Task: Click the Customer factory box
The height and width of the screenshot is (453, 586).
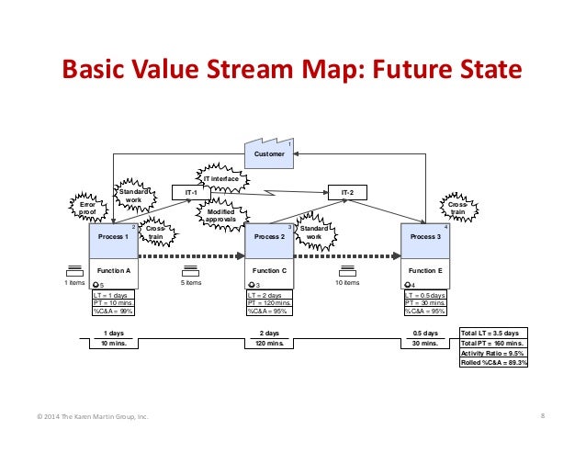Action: [269, 154]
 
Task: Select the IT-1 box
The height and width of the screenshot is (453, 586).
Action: [192, 192]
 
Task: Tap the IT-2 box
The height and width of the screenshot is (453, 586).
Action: [348, 192]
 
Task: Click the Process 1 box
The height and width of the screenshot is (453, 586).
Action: [114, 237]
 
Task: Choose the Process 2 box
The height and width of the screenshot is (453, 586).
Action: [269, 237]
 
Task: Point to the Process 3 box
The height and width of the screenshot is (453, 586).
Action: [425, 237]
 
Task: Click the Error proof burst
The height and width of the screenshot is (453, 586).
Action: [87, 208]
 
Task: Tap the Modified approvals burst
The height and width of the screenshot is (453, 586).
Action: [221, 215]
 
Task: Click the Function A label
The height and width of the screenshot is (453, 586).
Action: [114, 271]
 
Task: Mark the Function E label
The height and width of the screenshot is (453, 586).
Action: [425, 271]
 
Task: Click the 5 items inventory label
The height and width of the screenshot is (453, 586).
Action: [192, 283]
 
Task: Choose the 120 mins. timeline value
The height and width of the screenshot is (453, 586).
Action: [269, 343]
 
